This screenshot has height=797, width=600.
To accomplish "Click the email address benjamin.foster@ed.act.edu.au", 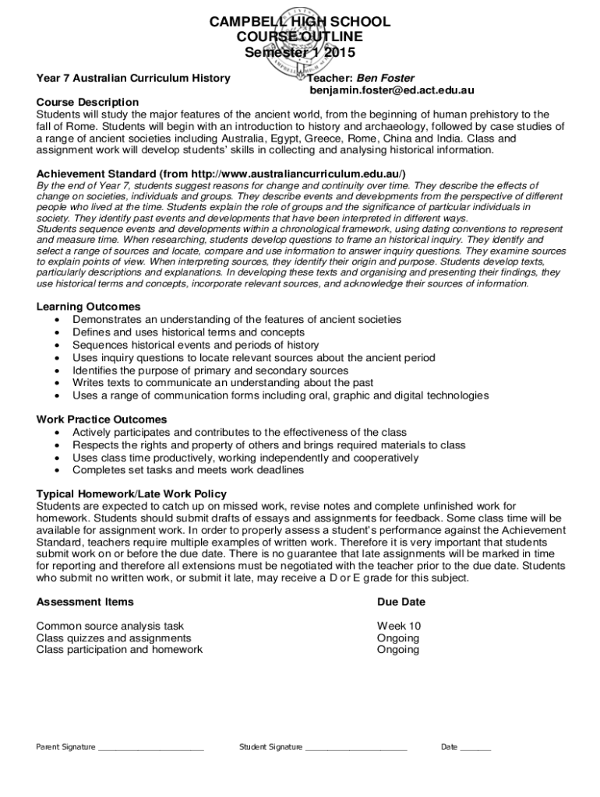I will pyautogui.click(x=392, y=90).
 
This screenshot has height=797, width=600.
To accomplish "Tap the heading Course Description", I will pyautogui.click(x=87, y=102).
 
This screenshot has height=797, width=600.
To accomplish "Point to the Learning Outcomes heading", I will pyautogui.click(x=88, y=307).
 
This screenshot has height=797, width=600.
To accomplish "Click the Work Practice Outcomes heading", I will pyautogui.click(x=101, y=420).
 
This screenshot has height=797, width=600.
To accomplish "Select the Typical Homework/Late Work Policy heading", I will pyautogui.click(x=132, y=494).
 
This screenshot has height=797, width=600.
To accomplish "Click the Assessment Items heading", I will pyautogui.click(x=85, y=602).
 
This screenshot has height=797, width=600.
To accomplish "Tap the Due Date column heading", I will pyautogui.click(x=401, y=602).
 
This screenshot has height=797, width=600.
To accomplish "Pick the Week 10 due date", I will pyautogui.click(x=398, y=626).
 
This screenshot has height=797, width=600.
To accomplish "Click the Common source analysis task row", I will pyautogui.click(x=110, y=626).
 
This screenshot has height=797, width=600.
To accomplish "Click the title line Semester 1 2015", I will pyautogui.click(x=300, y=53).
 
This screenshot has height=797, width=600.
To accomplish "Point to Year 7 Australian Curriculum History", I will pyautogui.click(x=133, y=78).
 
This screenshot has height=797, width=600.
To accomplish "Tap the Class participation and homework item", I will pyautogui.click(x=119, y=649).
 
